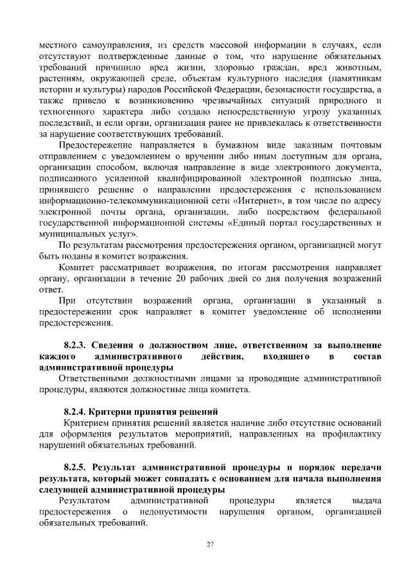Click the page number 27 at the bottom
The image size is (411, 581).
coord(209,545)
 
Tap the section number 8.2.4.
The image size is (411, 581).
coord(79,411)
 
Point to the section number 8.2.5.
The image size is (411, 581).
coord(79,466)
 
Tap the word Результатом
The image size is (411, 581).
coord(83,499)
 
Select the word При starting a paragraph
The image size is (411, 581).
coord(67,300)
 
